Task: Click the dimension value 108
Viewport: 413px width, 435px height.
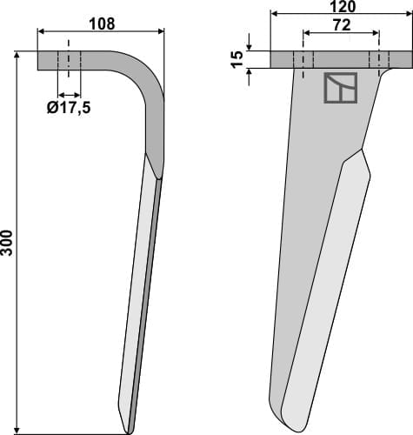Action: [103, 23]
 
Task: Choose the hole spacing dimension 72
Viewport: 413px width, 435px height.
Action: [340, 26]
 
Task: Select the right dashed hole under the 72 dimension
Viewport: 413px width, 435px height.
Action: [378, 60]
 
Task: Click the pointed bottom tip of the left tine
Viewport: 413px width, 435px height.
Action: [129, 430]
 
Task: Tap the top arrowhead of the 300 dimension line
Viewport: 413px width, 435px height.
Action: [18, 55]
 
